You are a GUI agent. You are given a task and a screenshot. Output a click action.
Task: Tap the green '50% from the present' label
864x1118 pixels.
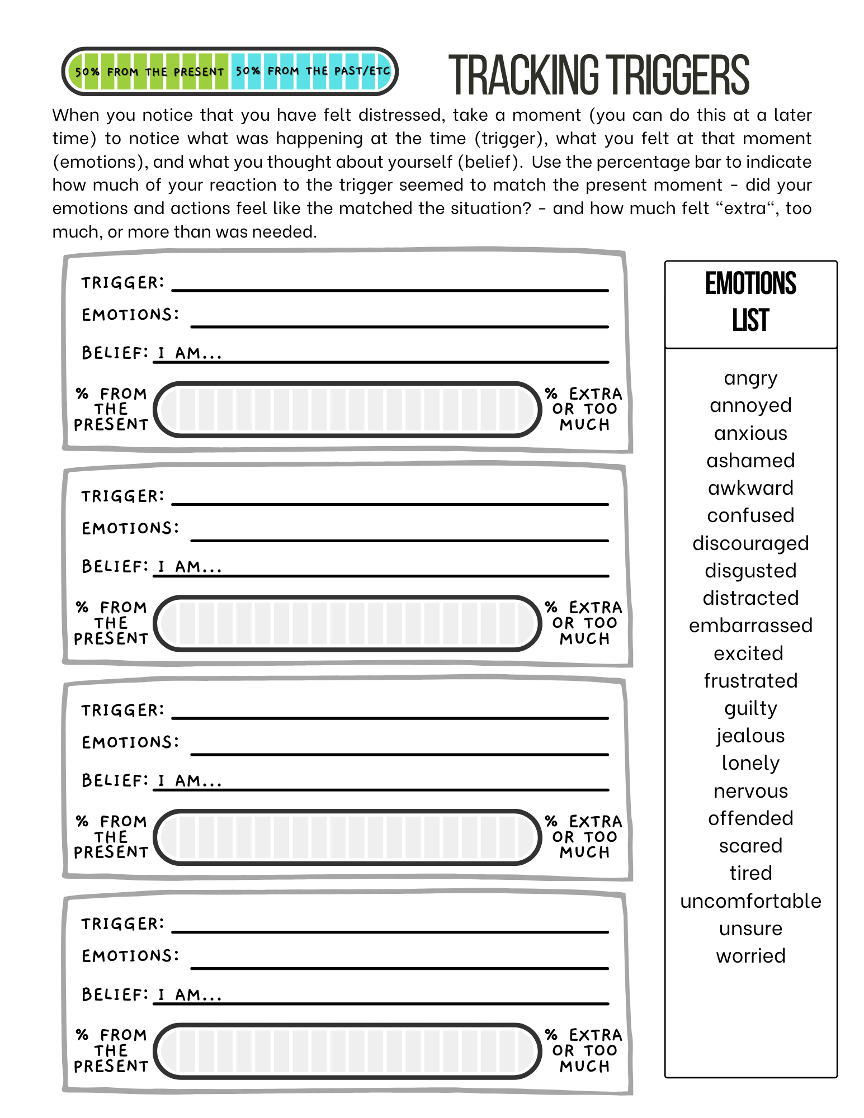click(149, 72)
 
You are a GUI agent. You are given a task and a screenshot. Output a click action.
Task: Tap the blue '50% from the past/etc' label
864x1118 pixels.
click(312, 71)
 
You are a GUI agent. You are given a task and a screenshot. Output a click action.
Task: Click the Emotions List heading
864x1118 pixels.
click(750, 302)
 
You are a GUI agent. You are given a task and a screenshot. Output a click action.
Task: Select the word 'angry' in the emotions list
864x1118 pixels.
click(750, 378)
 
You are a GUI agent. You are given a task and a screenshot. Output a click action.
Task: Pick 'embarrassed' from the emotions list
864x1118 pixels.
click(750, 626)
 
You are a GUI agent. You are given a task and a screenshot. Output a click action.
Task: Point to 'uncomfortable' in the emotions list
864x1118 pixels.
click(750, 901)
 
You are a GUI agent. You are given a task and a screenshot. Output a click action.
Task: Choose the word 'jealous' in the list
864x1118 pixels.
click(750, 736)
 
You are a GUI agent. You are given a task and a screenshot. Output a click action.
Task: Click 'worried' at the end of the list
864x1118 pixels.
click(750, 955)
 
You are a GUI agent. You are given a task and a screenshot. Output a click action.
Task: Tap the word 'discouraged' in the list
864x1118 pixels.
click(750, 543)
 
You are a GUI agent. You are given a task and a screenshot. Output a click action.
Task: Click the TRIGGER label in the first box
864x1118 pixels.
click(122, 283)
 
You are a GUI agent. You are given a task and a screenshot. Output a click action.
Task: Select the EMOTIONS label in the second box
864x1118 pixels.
click(130, 528)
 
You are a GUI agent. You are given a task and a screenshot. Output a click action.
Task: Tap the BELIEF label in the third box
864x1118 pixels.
click(115, 780)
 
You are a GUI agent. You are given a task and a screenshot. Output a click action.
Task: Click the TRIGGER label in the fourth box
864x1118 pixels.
click(122, 923)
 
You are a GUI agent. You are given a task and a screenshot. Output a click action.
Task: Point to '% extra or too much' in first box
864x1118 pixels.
click(584, 409)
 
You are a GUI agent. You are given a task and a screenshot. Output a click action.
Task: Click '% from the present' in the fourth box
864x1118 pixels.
click(111, 1050)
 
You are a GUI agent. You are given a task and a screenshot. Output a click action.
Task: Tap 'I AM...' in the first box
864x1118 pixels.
click(190, 353)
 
